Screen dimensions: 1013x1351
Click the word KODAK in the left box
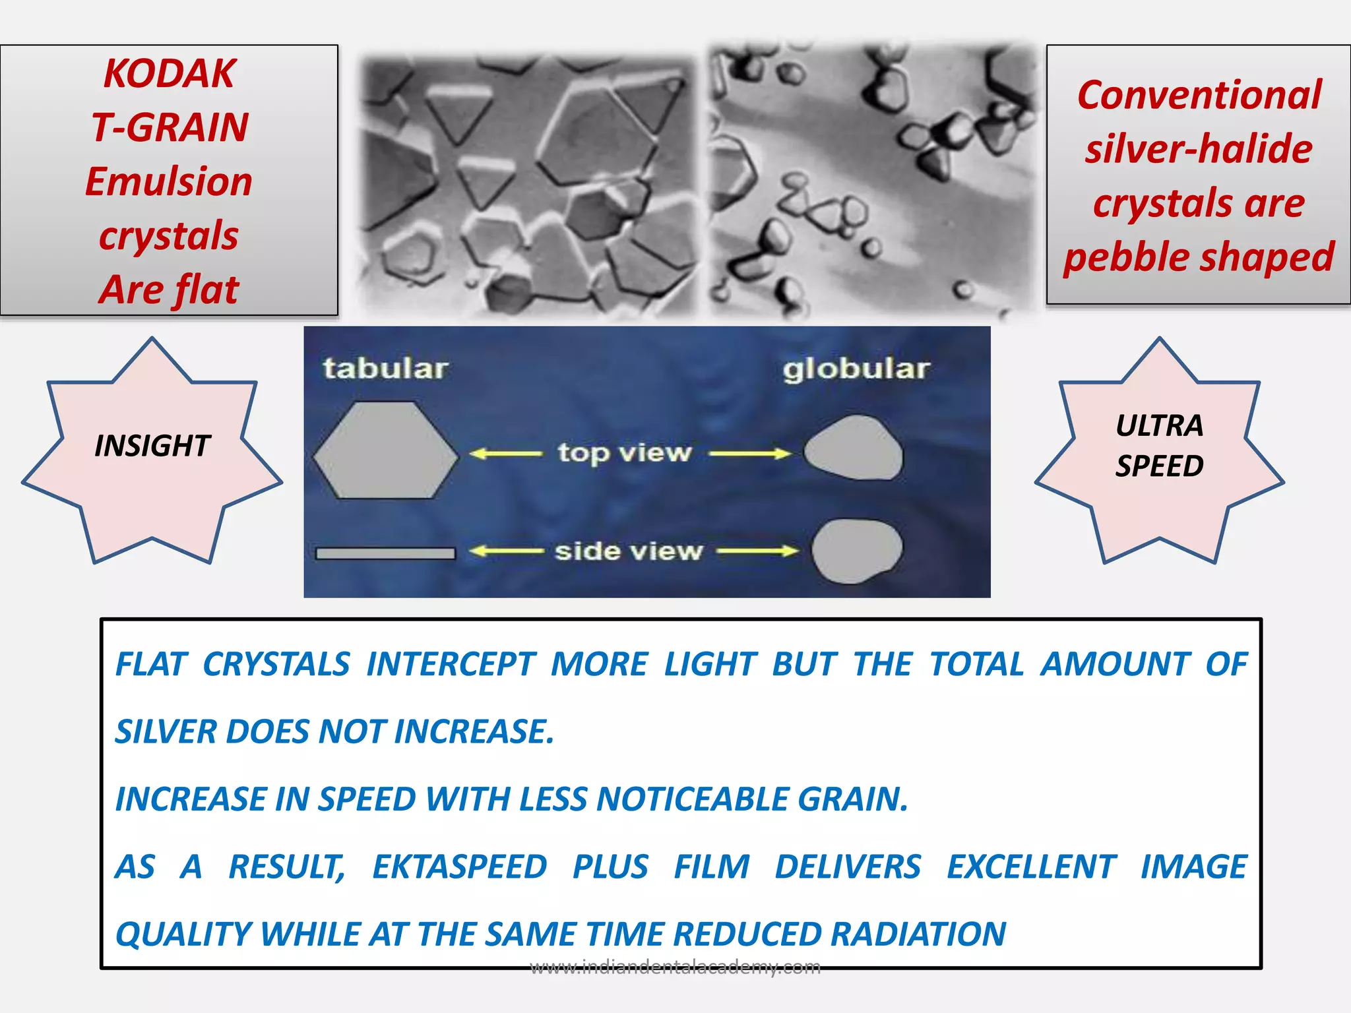169,73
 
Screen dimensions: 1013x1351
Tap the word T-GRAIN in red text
170,127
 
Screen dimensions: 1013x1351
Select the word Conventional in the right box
1199,95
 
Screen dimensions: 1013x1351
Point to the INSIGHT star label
152,446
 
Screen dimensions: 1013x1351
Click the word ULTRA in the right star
1159,425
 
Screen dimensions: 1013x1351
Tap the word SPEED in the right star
1159,466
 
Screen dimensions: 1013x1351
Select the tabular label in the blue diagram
385,368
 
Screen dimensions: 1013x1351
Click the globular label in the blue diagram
856,369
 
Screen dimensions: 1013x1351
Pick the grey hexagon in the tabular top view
385,450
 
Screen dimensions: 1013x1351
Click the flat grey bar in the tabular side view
385,553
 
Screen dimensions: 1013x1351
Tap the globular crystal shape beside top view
853,448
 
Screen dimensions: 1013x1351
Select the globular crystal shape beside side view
856,551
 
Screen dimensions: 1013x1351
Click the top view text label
624,453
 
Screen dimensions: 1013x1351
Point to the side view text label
628,551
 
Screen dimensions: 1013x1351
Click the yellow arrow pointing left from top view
505,454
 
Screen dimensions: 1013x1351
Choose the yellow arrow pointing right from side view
757,551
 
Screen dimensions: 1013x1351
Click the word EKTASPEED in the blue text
459,867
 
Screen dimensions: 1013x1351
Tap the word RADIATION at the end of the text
918,934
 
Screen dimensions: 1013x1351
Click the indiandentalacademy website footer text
675,967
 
